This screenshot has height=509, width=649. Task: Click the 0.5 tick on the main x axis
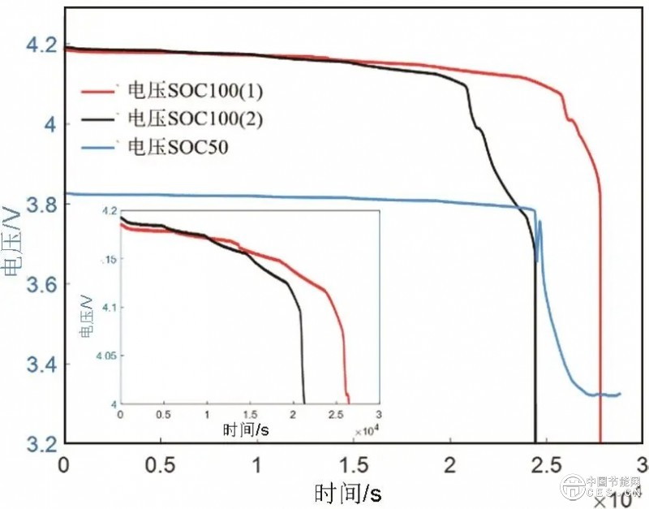point(161,465)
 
